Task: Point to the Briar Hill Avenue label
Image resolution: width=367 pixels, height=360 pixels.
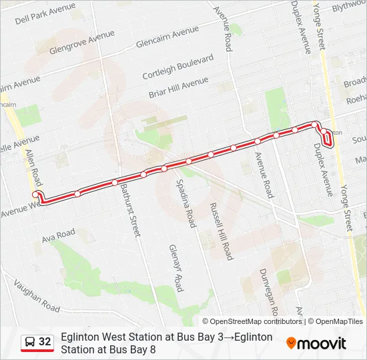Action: click(179, 87)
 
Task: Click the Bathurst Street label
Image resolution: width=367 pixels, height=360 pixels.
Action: click(130, 210)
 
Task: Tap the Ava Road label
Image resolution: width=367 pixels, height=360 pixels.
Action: click(58, 236)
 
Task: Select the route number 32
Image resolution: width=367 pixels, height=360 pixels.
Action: click(45, 342)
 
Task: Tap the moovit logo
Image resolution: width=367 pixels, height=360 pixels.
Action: click(316, 343)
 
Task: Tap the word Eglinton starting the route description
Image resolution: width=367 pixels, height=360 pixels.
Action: click(79, 337)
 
